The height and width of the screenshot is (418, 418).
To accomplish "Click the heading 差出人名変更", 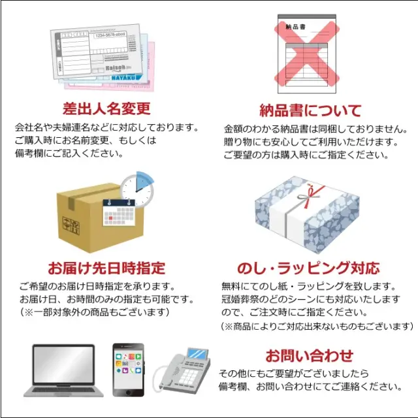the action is [106, 108].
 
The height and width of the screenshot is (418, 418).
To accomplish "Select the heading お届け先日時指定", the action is [106, 268].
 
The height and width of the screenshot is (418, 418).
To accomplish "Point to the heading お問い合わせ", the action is [309, 355].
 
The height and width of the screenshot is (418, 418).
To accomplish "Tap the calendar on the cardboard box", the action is [119, 215].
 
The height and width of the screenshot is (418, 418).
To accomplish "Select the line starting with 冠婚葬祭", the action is [310, 299].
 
